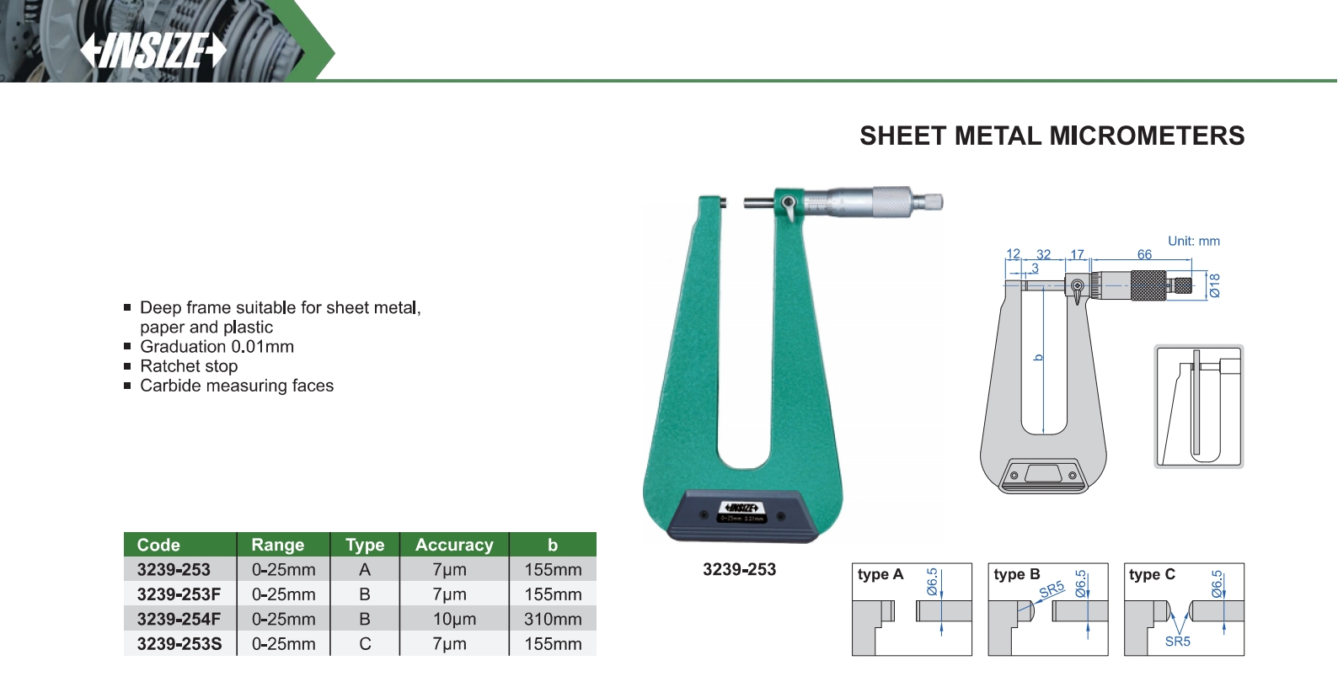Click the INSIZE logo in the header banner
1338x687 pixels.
point(153,51)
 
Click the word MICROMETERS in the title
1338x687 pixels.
point(1147,136)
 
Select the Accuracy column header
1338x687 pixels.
point(454,545)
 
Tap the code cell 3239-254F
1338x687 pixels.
point(179,619)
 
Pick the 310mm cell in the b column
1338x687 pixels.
point(553,619)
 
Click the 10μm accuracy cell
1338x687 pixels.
point(454,619)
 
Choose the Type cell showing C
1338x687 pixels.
point(364,644)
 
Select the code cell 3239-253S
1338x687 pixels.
point(179,644)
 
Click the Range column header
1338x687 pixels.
point(278,545)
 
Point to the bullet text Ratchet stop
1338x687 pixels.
point(189,366)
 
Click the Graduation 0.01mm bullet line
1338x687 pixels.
point(217,347)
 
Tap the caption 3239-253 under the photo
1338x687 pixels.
point(739,569)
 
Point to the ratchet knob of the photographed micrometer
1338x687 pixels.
point(928,202)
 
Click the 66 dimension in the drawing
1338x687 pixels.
point(1144,254)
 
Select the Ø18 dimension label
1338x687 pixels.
point(1214,285)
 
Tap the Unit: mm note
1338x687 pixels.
point(1193,241)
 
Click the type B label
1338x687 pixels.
point(1017,574)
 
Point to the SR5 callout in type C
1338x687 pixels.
point(1177,641)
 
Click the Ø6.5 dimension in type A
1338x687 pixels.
point(933,582)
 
